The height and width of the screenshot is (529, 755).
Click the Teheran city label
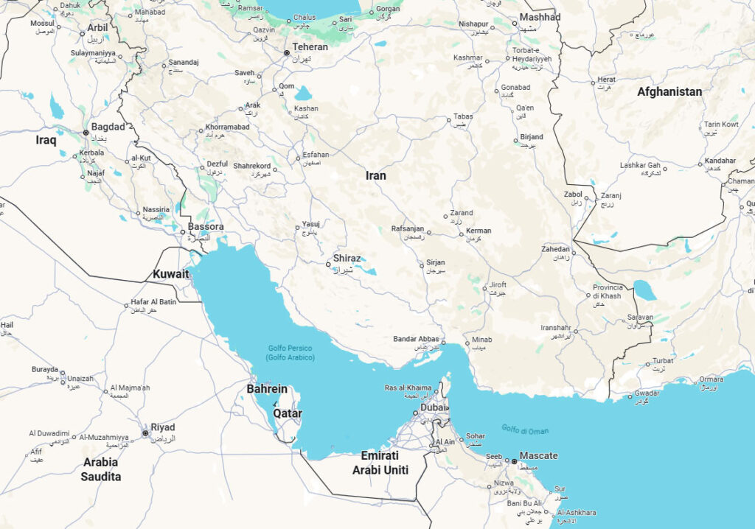tap(310, 46)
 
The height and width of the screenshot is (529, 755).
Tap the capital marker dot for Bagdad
tap(86, 133)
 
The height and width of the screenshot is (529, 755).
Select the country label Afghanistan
tap(669, 92)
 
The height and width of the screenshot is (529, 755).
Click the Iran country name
tap(376, 175)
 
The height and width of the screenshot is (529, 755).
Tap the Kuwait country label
tap(171, 274)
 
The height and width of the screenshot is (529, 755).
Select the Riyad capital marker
tap(145, 433)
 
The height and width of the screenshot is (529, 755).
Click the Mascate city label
tap(538, 455)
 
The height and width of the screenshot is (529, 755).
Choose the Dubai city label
tap(434, 407)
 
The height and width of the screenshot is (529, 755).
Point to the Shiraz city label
tap(347, 259)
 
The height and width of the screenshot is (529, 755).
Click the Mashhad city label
tap(540, 17)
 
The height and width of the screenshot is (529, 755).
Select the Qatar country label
tap(288, 413)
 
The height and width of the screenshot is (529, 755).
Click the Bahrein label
tap(267, 388)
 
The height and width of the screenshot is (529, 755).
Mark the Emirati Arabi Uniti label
tap(380, 463)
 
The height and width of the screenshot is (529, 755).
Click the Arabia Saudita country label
tap(100, 469)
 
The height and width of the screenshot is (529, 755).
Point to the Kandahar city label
tap(720, 161)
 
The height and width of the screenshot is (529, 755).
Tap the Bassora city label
tap(206, 226)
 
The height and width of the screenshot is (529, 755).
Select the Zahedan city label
tap(555, 249)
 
